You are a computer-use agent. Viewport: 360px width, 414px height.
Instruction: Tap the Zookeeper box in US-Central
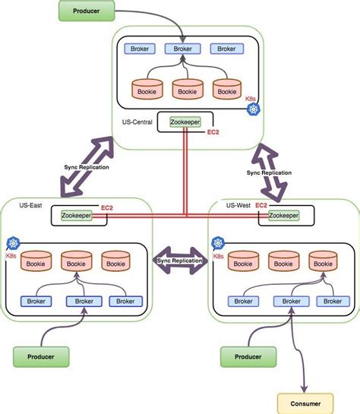click(185, 122)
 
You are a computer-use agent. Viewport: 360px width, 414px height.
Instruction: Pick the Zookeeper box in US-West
click(283, 216)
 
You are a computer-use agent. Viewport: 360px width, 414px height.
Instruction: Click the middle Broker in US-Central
click(182, 49)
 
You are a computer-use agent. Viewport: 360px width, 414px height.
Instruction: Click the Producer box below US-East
click(41, 355)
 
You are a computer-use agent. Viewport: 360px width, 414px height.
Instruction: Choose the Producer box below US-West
click(248, 355)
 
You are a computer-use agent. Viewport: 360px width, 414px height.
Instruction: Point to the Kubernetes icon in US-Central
click(253, 110)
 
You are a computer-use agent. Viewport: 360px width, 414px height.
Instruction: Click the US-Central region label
click(138, 121)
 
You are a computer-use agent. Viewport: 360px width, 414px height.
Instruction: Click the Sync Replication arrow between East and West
click(180, 260)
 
